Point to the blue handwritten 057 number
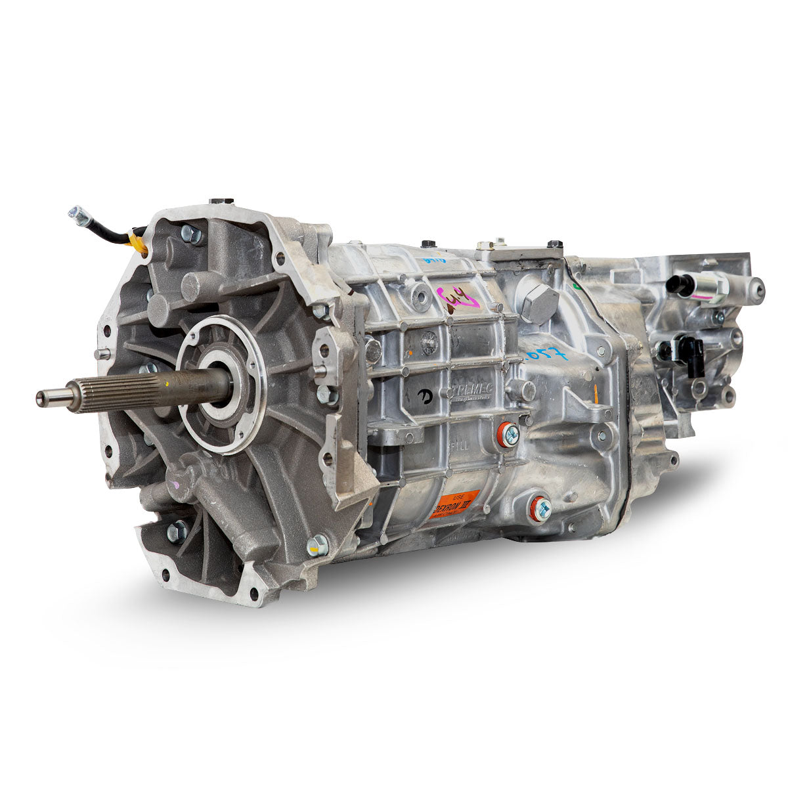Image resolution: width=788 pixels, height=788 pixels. tap(545, 355)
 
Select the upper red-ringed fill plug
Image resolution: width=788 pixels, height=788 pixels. tap(508, 434)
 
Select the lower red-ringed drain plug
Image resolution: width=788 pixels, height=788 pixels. tap(540, 507)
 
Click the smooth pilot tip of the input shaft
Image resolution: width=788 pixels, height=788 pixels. tap(53, 397)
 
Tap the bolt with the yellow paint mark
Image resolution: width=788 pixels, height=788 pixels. tap(318, 544)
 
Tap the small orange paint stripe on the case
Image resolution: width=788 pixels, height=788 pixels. tap(596, 393)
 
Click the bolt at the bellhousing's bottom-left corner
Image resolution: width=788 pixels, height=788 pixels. tap(177, 531)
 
